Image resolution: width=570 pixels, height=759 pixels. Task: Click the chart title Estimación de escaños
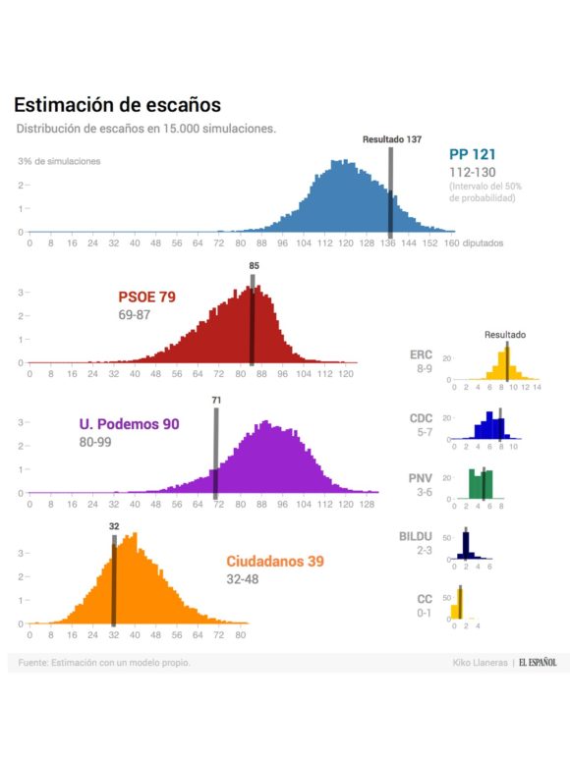tap(117, 105)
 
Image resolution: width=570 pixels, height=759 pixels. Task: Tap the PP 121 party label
tap(472, 154)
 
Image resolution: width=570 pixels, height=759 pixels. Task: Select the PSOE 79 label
tap(146, 297)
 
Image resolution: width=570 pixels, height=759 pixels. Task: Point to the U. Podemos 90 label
tap(129, 424)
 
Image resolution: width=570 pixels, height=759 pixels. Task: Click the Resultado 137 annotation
tap(391, 139)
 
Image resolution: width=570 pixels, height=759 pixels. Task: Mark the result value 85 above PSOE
tap(254, 265)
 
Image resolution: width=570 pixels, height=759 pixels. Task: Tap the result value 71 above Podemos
tap(216, 400)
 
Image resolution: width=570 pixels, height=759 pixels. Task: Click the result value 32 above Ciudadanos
tap(114, 526)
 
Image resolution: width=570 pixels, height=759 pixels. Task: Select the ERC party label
tap(421, 354)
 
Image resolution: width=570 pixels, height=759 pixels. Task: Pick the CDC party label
tap(421, 418)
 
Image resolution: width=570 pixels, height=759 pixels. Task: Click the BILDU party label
tap(416, 537)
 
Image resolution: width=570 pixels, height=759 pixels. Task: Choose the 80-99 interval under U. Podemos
tap(97, 442)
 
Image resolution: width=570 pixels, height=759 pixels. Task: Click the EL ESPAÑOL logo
tap(538, 663)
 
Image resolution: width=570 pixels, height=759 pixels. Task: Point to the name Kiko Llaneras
tap(481, 663)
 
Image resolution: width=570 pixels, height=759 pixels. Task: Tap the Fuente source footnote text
tap(104, 663)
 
